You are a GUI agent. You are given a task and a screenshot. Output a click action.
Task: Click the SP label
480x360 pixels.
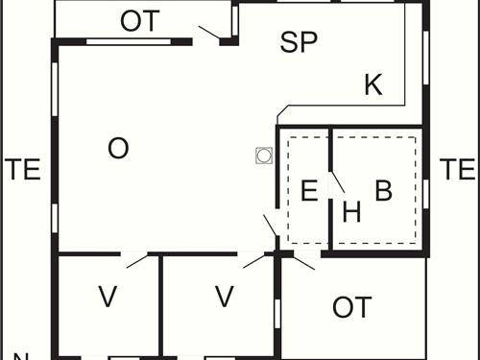[x=299, y=42]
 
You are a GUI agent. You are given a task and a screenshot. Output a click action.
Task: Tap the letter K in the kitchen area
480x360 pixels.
[x=373, y=85]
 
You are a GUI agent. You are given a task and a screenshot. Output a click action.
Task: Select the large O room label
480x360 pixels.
[x=118, y=149]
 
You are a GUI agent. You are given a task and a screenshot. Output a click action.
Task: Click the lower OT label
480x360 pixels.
[x=351, y=307]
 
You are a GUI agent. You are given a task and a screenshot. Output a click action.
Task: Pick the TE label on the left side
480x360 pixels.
[x=22, y=170]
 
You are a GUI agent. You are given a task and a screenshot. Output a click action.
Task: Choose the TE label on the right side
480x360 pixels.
[x=457, y=170]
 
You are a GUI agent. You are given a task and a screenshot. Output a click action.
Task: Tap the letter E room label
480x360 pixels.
[x=308, y=190]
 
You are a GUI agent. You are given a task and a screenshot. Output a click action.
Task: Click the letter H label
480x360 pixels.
[x=351, y=213]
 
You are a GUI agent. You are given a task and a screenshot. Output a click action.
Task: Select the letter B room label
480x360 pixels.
[x=383, y=190]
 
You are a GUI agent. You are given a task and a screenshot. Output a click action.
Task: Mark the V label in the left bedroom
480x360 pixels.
[x=108, y=298]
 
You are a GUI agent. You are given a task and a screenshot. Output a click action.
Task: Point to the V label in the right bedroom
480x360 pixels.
[x=224, y=298]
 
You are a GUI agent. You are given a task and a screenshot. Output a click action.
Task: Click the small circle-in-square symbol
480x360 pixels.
[x=262, y=156]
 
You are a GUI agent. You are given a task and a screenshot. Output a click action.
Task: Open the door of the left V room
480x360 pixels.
[x=135, y=260]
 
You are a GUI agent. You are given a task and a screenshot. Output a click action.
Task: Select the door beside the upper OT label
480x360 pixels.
[x=209, y=35]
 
